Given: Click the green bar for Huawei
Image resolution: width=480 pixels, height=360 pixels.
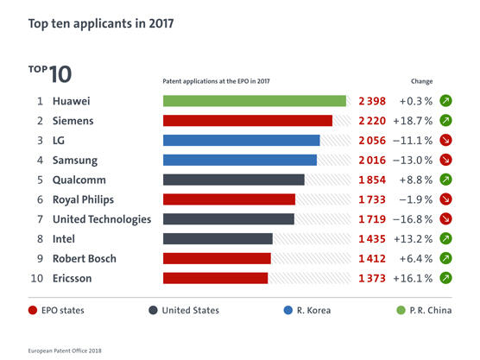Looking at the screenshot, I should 255,101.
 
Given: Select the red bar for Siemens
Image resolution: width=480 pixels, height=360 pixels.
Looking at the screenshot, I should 248,121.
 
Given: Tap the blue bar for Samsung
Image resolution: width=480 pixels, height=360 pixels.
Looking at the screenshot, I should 240,160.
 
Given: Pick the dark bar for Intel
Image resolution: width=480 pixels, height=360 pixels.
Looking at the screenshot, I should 218,238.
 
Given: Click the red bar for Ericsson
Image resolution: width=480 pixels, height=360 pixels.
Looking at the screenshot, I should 215,278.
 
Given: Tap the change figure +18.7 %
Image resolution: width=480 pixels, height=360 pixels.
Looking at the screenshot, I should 415,121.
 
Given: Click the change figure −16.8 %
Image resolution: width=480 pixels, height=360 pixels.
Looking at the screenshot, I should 415,219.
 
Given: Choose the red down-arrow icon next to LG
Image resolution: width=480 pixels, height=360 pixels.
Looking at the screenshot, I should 446,141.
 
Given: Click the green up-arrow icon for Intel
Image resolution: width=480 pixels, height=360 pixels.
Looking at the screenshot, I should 446,238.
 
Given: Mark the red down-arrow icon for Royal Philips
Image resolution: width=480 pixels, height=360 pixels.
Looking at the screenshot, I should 446,199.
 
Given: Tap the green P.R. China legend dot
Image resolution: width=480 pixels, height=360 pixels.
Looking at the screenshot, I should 401,310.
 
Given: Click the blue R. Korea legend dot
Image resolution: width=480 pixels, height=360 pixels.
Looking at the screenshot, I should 289,310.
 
